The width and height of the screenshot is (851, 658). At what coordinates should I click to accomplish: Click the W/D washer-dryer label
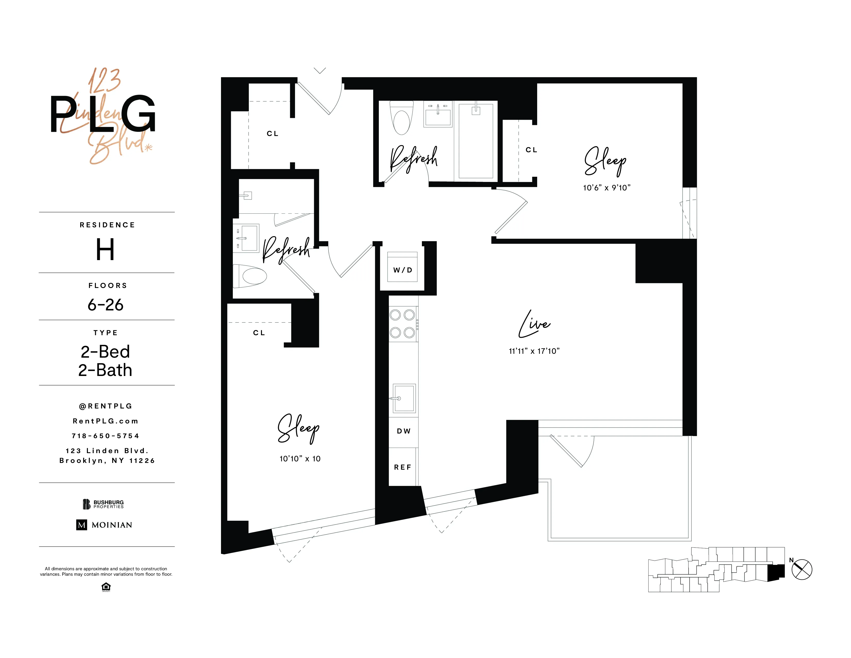[x=403, y=270]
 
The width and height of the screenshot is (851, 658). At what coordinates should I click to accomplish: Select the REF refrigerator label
[x=403, y=467]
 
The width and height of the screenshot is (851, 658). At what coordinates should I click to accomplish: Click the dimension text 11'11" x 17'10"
[x=534, y=351]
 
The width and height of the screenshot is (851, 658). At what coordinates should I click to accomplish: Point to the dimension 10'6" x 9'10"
[x=606, y=188]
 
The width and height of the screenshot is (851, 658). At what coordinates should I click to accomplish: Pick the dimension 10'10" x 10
[x=300, y=459]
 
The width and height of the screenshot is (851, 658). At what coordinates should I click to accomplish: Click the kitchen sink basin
[x=404, y=398]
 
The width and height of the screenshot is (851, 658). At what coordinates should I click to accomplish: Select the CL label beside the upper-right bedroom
[x=531, y=150]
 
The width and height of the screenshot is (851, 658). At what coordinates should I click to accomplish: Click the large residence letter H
[x=105, y=250]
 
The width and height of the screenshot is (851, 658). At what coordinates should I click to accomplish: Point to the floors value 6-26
[x=105, y=305]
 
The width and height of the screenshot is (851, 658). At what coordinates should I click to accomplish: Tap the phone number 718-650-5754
[x=105, y=436]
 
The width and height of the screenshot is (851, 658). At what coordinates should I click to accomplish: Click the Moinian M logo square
[x=81, y=525]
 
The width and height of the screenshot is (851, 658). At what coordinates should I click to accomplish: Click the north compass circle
[x=802, y=569]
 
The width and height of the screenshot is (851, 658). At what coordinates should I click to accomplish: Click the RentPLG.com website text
[x=105, y=421]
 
